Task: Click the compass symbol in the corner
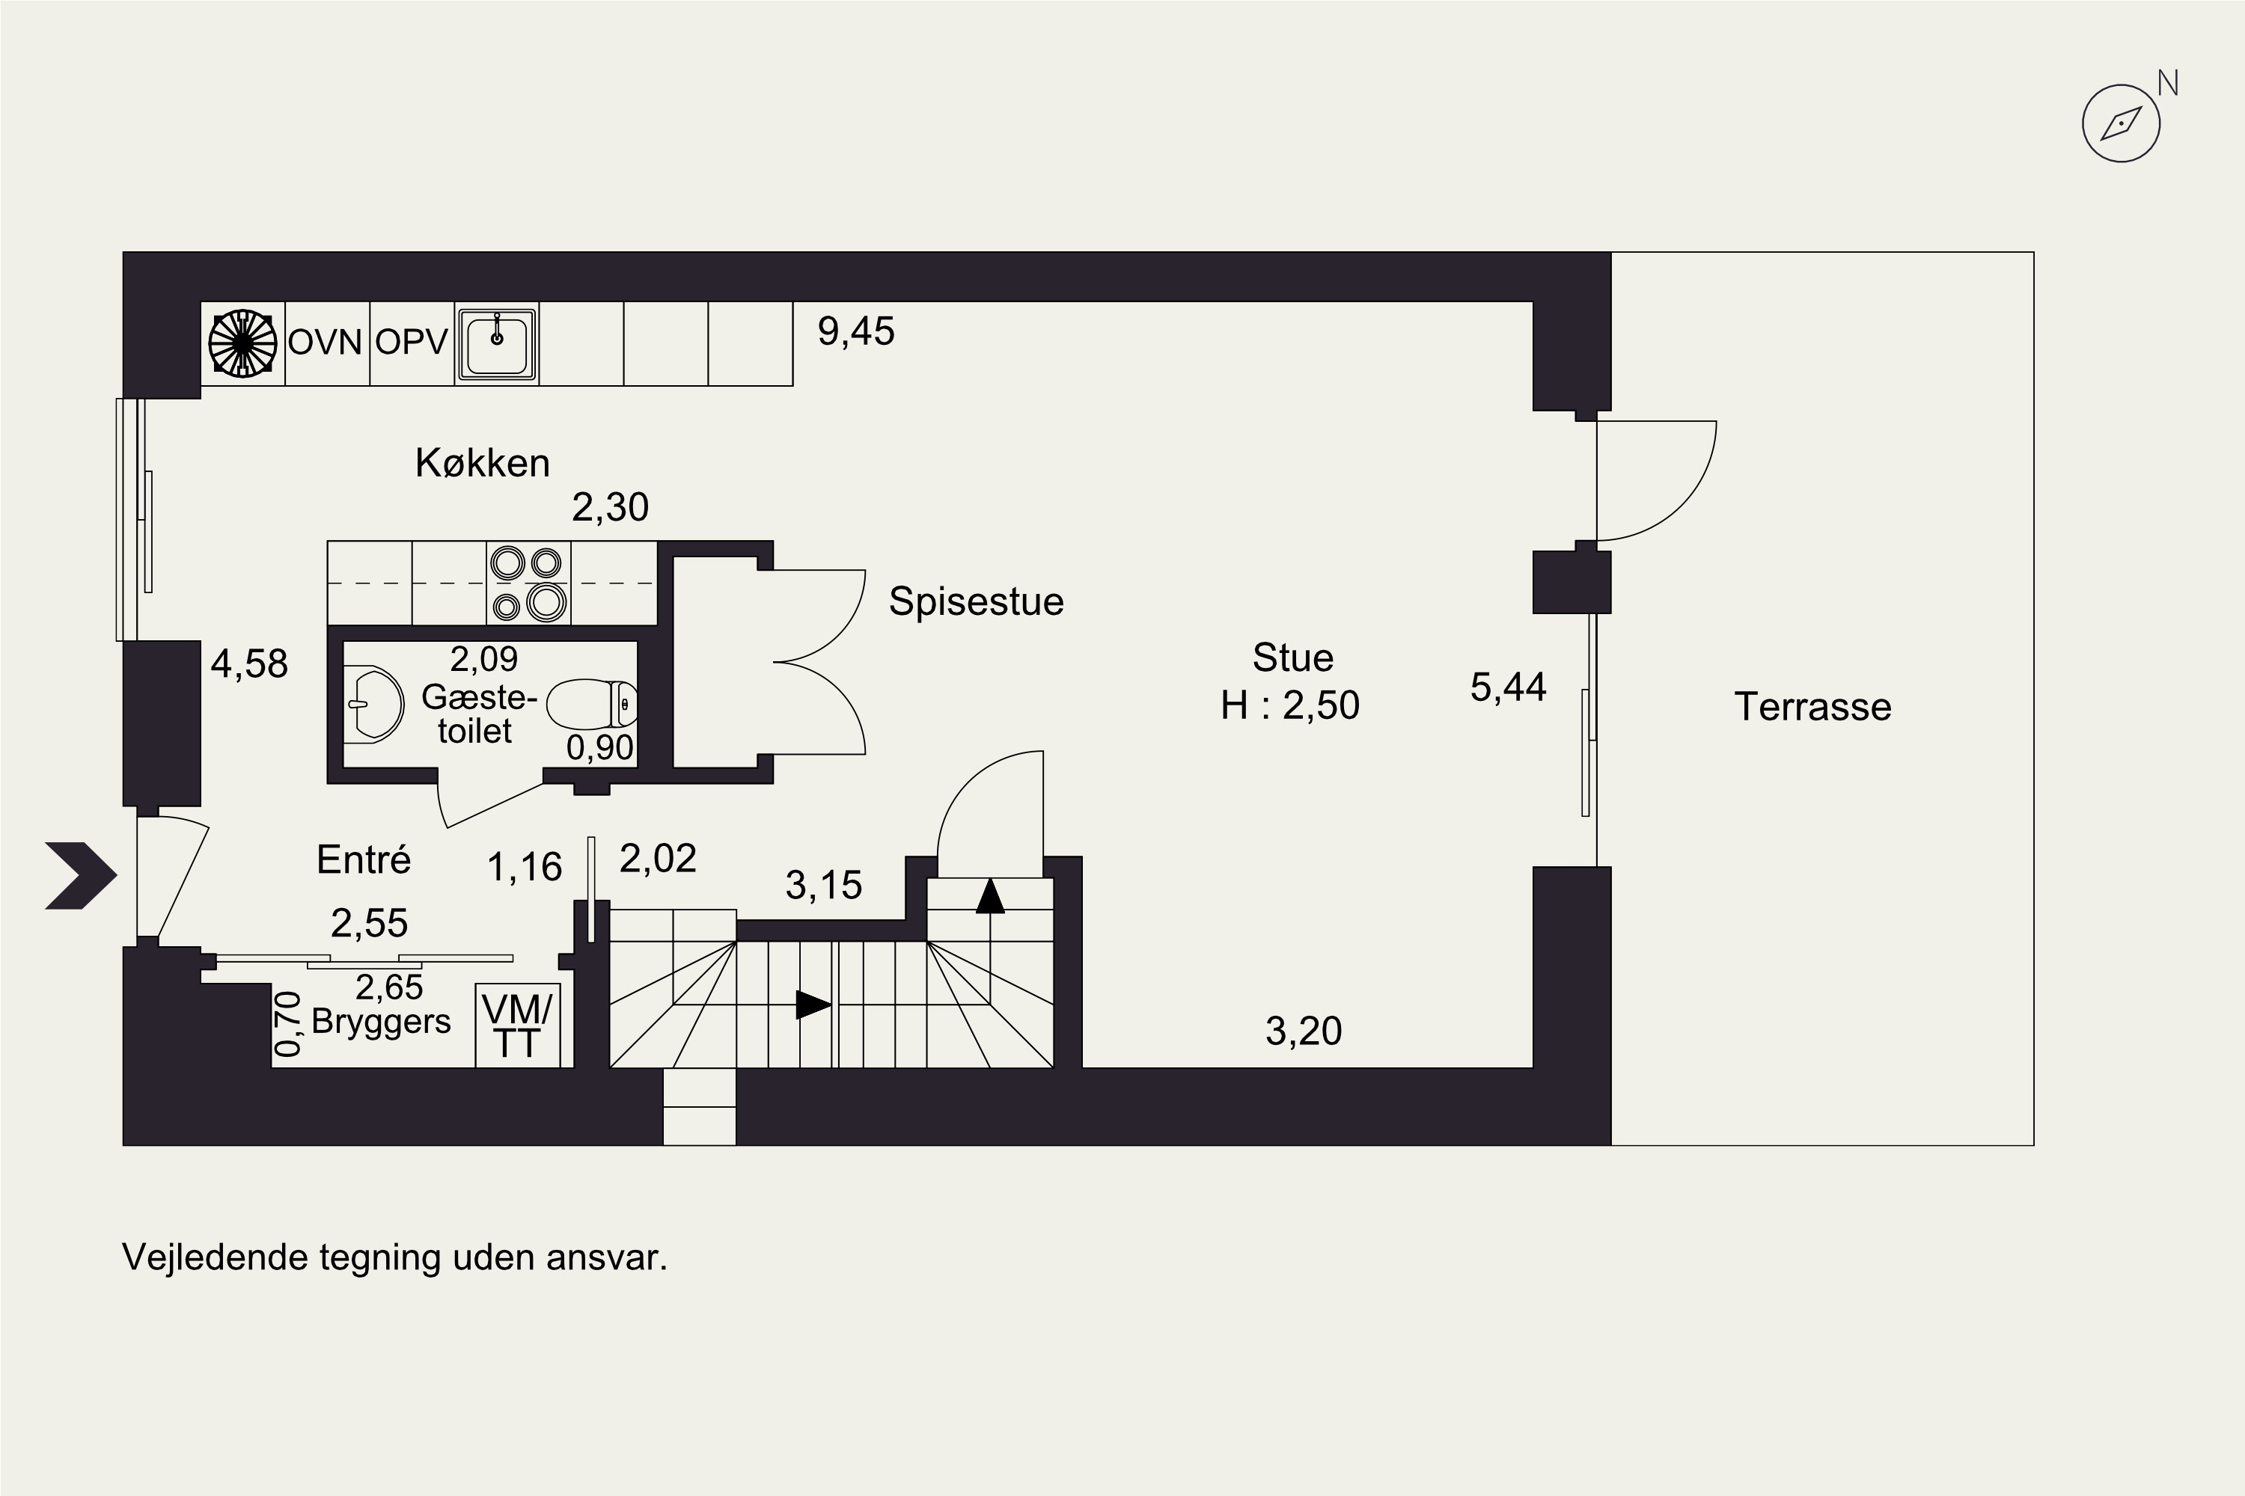pyautogui.click(x=2120, y=123)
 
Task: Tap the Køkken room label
pyautogui.click(x=482, y=463)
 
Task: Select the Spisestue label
pyautogui.click(x=976, y=601)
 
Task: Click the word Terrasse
pyautogui.click(x=1812, y=707)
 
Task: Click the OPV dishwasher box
pyautogui.click(x=412, y=344)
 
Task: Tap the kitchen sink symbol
pyautogui.click(x=496, y=344)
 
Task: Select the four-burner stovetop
pyautogui.click(x=528, y=583)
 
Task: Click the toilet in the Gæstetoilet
pyautogui.click(x=592, y=704)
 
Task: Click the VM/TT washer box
pyautogui.click(x=517, y=1025)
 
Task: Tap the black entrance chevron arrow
pyautogui.click(x=81, y=875)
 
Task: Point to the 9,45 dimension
pyautogui.click(x=856, y=332)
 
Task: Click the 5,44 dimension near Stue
pyautogui.click(x=1508, y=687)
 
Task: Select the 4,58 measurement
pyautogui.click(x=249, y=664)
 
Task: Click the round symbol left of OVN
pyautogui.click(x=242, y=343)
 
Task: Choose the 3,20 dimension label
pyautogui.click(x=1304, y=1031)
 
